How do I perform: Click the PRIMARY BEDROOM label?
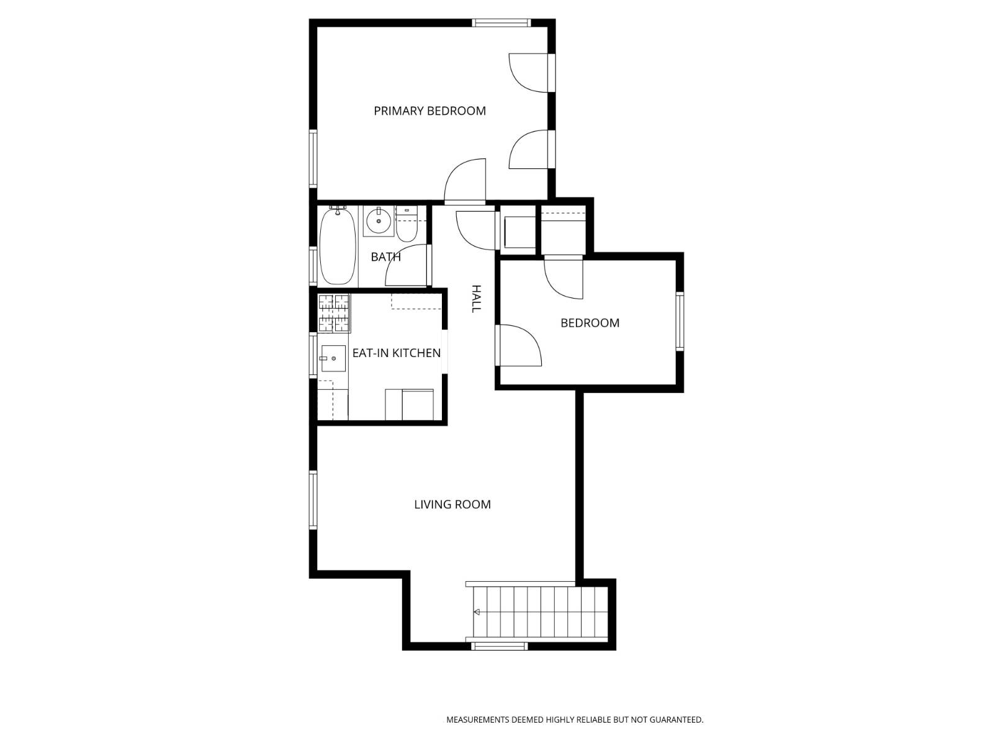point(429,111)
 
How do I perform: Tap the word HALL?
point(476,299)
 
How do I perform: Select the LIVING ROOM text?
point(452,505)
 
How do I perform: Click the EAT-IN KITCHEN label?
point(396,353)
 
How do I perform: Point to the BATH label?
point(385,257)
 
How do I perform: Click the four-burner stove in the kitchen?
point(334,313)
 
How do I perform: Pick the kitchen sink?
point(333,359)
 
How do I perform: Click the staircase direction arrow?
point(477,612)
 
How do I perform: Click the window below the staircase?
point(500,646)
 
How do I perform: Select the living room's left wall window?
point(313,500)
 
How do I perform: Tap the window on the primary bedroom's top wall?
point(501,24)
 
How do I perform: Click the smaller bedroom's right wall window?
point(680,322)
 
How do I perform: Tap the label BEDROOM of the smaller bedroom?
point(590,323)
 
